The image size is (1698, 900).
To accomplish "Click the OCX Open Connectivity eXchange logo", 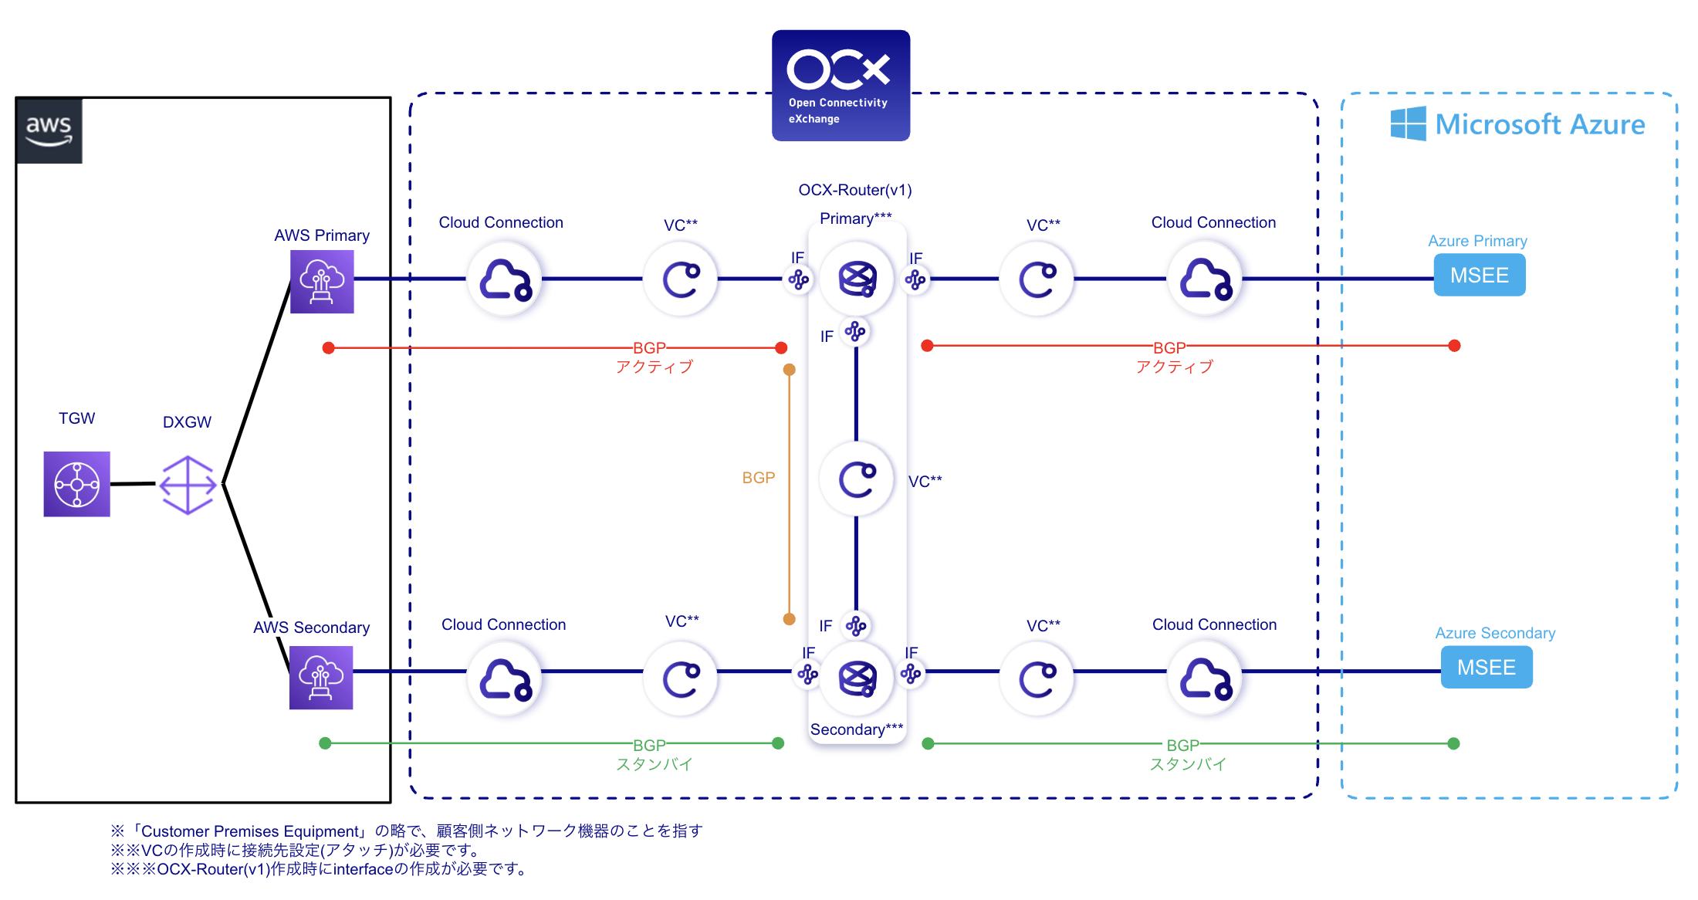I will pos(841,85).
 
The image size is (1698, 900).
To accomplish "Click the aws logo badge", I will pos(49,130).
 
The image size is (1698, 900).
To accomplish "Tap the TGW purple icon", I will pos(76,484).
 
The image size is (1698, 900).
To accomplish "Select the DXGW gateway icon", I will pos(188,485).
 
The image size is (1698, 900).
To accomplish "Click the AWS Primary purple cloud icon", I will pos(322,281).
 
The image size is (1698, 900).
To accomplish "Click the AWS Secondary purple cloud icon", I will pos(321,678).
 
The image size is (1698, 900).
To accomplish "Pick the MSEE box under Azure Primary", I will pos(1479,275).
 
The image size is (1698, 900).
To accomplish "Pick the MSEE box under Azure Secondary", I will pos(1486,667).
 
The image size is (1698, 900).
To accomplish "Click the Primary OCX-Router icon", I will pos(857,279).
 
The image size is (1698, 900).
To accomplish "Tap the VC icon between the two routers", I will pos(857,479).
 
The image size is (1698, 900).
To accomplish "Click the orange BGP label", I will pos(758,478).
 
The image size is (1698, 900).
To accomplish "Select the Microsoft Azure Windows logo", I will pos(1408,123).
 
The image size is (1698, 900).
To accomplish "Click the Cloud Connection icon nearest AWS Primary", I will pos(505,279).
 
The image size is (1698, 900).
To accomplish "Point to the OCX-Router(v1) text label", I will pos(854,190).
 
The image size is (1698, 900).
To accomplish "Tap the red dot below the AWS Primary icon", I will pos(329,348).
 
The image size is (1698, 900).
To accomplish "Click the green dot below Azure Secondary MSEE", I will pos(1453,743).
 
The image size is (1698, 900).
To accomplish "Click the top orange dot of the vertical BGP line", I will pos(789,370).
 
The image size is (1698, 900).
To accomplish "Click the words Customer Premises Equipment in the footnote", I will pos(251,831).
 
